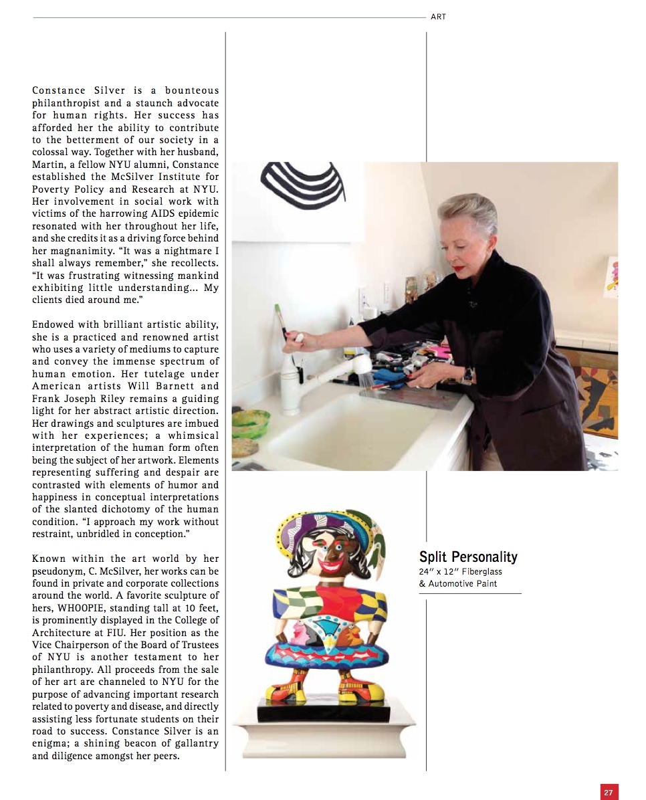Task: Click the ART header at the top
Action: (438, 17)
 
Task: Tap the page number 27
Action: (609, 792)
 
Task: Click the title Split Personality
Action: (468, 557)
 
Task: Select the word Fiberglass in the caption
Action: (481, 572)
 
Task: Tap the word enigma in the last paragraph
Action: (48, 744)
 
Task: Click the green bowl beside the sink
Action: (250, 423)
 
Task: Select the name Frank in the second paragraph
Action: (47, 398)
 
